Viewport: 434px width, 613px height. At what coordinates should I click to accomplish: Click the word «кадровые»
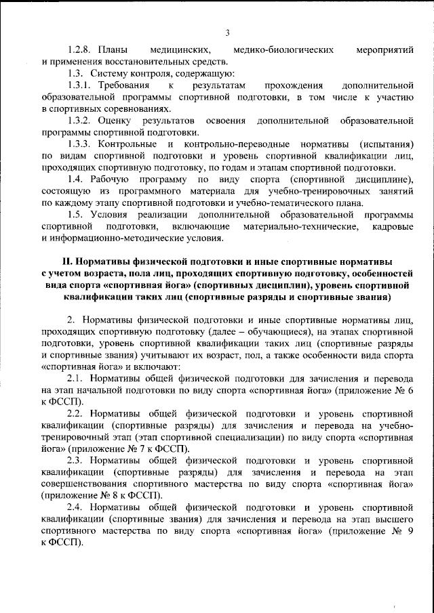click(x=393, y=227)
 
